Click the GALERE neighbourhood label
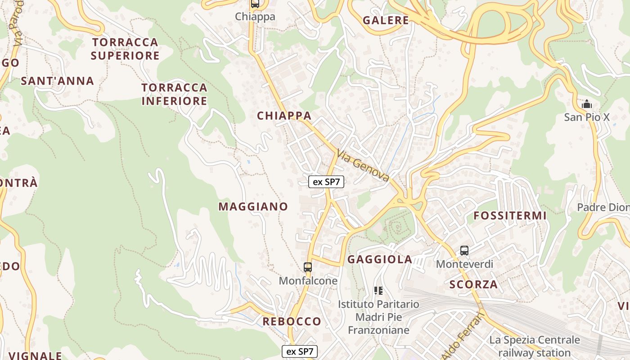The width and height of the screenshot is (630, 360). tap(386, 20)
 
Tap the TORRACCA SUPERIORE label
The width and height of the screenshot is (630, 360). tap(125, 49)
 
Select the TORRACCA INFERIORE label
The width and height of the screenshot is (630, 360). tap(174, 94)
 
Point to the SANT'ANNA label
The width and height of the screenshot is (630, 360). tap(57, 81)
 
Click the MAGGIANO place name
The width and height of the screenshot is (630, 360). tap(253, 207)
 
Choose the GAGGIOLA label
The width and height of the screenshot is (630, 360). tap(380, 259)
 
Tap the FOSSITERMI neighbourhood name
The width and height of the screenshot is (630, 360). tap(510, 216)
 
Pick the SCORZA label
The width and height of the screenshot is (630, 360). tap(473, 284)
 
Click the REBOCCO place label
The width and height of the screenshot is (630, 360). tap(292, 321)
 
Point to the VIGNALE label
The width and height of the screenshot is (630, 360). tap(35, 355)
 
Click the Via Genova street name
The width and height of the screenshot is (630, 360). tap(363, 166)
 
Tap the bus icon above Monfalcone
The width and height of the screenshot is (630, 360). tap(308, 267)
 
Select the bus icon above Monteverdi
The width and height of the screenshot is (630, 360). tap(464, 251)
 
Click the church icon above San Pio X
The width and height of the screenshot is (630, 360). tap(587, 104)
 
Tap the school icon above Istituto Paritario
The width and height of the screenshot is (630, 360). tap(378, 291)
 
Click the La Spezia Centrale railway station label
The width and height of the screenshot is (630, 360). tap(535, 346)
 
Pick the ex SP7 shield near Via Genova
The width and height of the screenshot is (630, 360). tap(326, 182)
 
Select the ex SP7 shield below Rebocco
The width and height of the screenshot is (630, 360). tap(300, 351)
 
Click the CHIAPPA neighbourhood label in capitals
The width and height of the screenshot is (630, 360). tap(284, 116)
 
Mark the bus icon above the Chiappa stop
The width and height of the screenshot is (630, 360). tap(255, 4)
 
